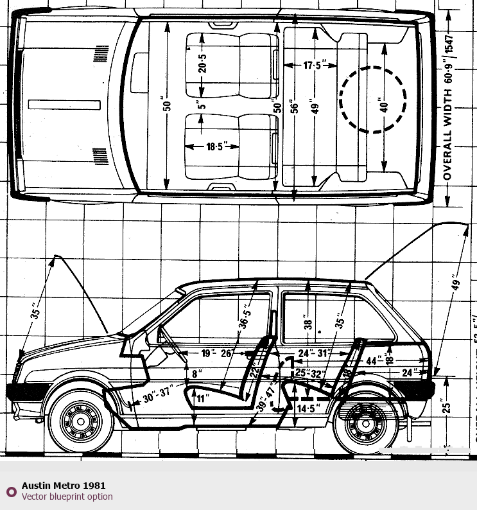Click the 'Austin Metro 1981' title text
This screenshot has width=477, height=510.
64,486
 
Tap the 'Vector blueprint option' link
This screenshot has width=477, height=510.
67,497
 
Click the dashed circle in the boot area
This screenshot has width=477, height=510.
373,100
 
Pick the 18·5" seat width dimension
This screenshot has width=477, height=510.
214,146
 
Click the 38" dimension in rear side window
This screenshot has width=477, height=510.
308,325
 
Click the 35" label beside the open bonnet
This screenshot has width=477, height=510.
36,313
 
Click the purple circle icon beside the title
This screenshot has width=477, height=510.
11,492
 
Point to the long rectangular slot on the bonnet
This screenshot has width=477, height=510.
64,104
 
